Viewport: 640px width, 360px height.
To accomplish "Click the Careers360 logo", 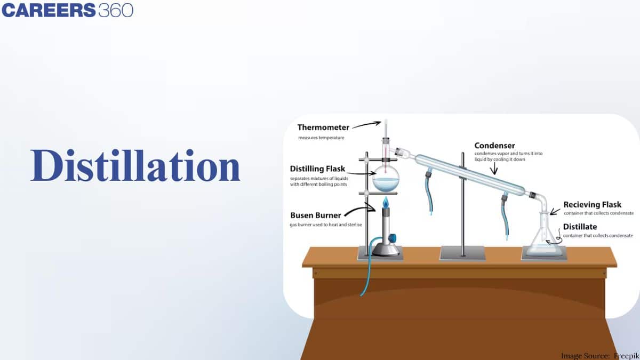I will coord(67,10).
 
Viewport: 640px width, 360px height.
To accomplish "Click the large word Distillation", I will coord(135,166).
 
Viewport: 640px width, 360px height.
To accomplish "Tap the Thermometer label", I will coord(323,127).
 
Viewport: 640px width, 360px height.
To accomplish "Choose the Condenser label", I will coord(494,145).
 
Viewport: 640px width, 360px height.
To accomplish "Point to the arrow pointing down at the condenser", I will coord(494,168).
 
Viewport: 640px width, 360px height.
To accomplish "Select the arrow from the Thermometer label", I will coord(365,125).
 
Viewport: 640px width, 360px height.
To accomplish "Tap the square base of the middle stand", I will coord(462,253).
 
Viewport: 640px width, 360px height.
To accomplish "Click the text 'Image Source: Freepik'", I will coord(599,355).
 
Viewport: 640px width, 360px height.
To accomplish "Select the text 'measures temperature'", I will coord(321,138).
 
